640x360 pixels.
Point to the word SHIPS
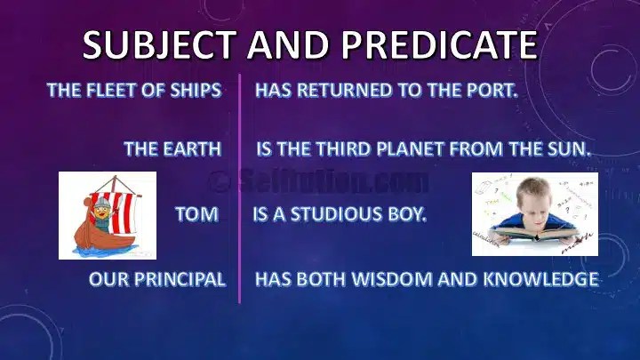tap(190, 91)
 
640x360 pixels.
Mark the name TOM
tap(196, 214)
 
